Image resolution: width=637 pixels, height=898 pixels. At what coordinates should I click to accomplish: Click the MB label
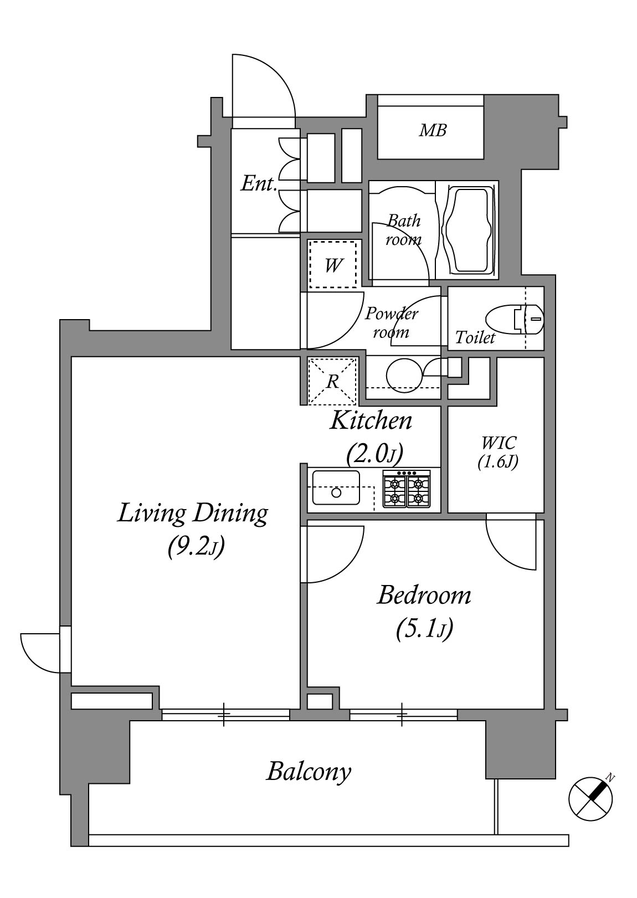pyautogui.click(x=433, y=130)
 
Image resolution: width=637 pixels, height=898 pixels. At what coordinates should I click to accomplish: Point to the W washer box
pyautogui.click(x=332, y=264)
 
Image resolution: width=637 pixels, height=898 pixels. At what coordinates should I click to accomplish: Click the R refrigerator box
pyautogui.click(x=332, y=381)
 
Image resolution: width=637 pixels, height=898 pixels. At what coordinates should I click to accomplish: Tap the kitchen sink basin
pyautogui.click(x=336, y=488)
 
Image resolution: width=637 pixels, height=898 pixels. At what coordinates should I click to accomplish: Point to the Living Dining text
pyautogui.click(x=192, y=514)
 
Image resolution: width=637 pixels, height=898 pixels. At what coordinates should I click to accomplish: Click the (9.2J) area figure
pyautogui.click(x=195, y=546)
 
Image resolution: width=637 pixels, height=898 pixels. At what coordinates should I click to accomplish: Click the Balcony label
pyautogui.click(x=309, y=772)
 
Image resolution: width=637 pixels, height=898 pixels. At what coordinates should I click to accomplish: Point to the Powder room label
pyautogui.click(x=391, y=323)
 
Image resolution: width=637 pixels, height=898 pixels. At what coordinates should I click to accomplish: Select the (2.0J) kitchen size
pyautogui.click(x=374, y=453)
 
